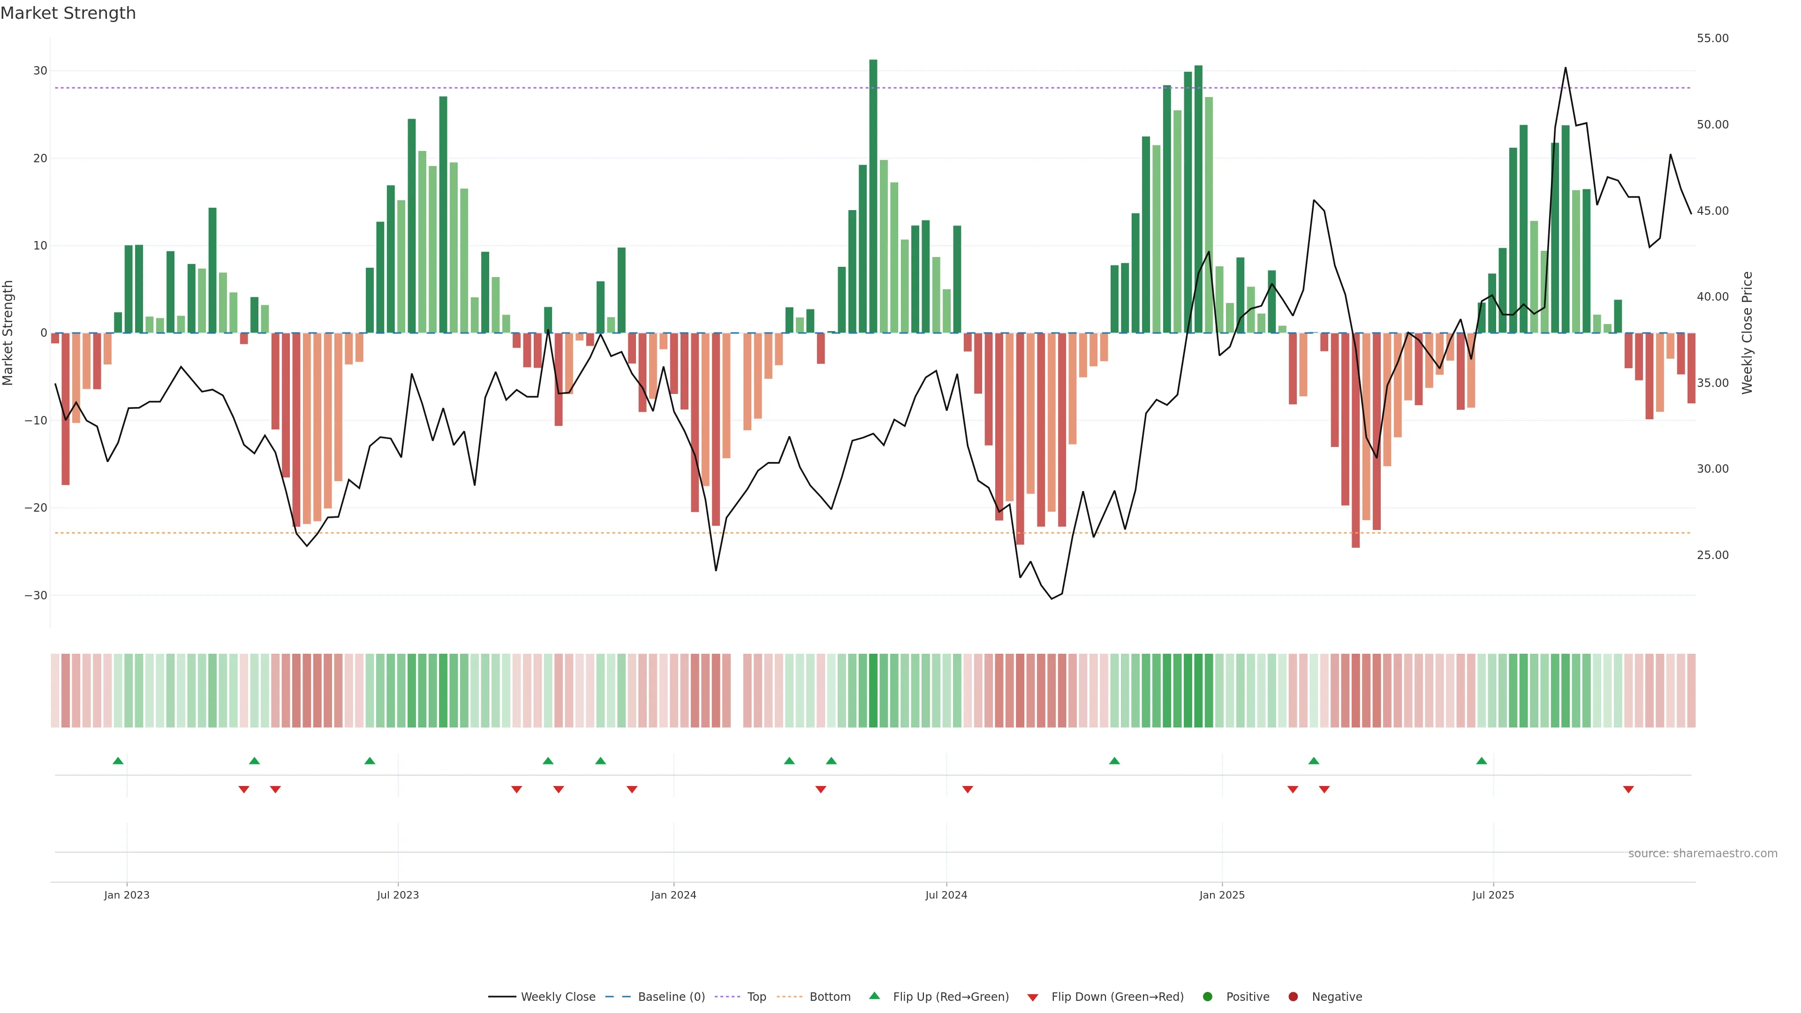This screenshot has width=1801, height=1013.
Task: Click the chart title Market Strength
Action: click(x=68, y=13)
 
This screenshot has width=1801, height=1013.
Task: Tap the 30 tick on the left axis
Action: click(x=40, y=71)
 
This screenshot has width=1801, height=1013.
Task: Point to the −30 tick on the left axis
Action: click(x=36, y=596)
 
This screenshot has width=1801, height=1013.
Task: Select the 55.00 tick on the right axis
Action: click(x=1712, y=38)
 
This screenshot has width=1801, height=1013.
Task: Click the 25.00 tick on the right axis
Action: click(x=1712, y=555)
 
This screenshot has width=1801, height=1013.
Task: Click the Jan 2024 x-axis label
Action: click(x=673, y=895)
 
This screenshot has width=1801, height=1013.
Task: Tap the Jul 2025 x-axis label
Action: click(x=1493, y=895)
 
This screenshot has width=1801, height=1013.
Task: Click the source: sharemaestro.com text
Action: click(x=1703, y=854)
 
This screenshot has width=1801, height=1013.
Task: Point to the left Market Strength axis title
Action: click(x=8, y=333)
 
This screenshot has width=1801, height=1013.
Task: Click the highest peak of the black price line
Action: click(x=1566, y=68)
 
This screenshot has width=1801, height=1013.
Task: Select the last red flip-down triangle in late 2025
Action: click(x=1628, y=789)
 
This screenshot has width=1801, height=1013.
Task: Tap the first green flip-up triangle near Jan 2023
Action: click(x=118, y=761)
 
